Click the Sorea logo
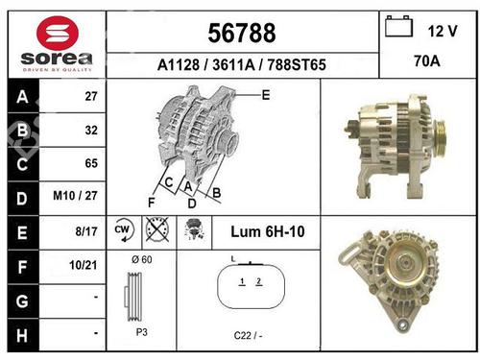[56, 44]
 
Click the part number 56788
[241, 34]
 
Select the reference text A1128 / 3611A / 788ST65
[242, 65]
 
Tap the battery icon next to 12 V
[396, 28]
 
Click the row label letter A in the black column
[21, 97]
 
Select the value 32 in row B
[92, 130]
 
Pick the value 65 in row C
[92, 163]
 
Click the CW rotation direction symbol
[123, 230]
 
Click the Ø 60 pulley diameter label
[140, 260]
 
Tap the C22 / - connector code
[249, 334]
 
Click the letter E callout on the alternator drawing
[265, 94]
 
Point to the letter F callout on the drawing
[151, 203]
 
